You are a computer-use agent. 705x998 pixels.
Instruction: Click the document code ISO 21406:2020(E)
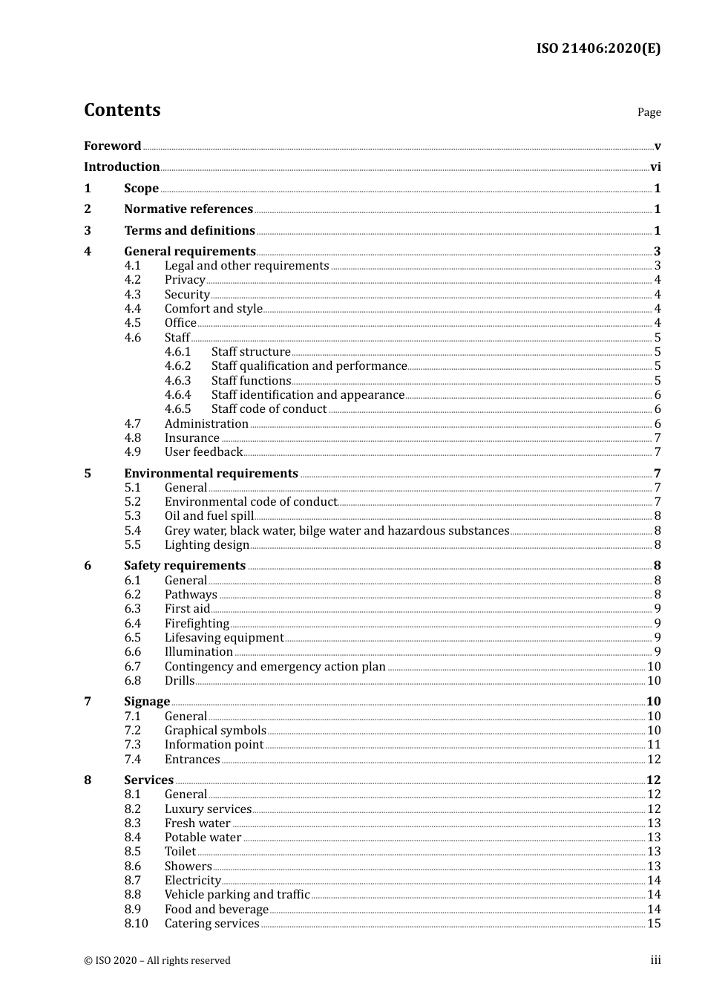pos(598,48)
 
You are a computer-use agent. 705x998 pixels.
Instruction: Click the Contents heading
pos(122,110)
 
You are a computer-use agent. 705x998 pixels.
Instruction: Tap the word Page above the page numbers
pos(649,112)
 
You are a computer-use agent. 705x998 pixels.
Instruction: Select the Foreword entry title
pos(112,146)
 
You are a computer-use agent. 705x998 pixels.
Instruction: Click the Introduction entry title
pos(122,167)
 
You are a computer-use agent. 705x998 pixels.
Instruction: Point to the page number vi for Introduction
pos(655,167)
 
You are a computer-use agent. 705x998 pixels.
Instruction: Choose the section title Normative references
pos(188,209)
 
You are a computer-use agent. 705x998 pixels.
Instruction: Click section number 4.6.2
pos(177,366)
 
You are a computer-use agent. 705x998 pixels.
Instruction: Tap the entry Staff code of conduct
pos(269,409)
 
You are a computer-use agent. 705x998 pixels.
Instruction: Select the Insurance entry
pos(191,438)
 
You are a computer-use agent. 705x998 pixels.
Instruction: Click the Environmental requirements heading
pos(211,474)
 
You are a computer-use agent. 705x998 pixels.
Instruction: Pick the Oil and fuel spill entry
pos(209,516)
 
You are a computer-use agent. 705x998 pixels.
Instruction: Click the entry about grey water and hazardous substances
pos(336,531)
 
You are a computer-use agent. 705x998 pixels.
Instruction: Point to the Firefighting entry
pos(197,624)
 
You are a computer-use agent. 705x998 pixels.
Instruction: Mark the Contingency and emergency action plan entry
pos(275,667)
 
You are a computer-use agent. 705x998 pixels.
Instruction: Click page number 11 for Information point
pos(654,745)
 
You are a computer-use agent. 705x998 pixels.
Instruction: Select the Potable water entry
pos(203,838)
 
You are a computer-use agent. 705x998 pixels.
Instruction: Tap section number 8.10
pos(136,924)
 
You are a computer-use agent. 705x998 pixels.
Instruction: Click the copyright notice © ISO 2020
pos(157,961)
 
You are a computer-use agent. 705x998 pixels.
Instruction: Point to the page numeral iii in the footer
pos(655,960)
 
